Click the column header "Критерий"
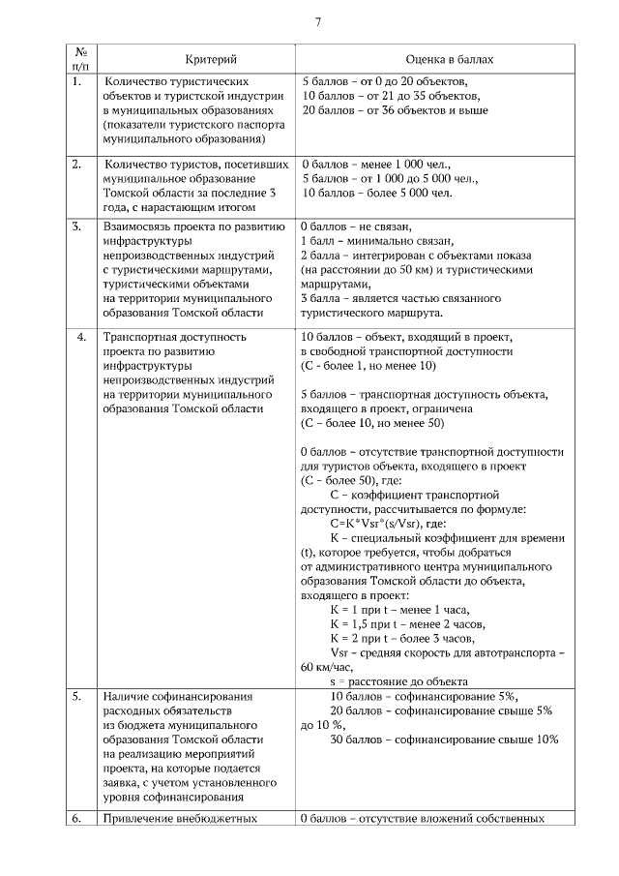point(193,60)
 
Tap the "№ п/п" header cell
point(80,60)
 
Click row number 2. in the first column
point(77,165)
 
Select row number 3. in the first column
point(77,227)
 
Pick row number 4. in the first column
point(80,337)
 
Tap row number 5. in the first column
point(77,696)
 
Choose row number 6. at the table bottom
point(77,819)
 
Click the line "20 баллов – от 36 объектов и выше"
point(396,111)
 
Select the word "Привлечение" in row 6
point(138,819)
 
